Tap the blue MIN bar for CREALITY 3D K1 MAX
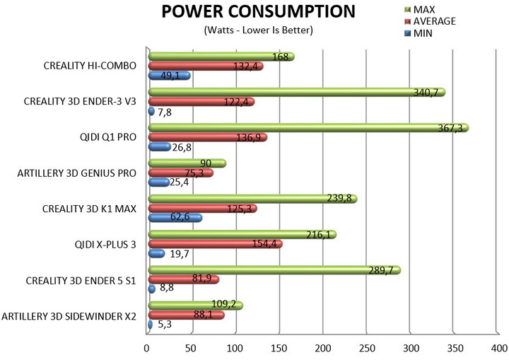point(174,218)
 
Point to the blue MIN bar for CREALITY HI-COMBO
point(168,75)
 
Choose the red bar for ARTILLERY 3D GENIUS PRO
point(180,173)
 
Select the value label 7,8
point(164,111)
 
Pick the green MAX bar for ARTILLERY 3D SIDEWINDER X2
point(194,306)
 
